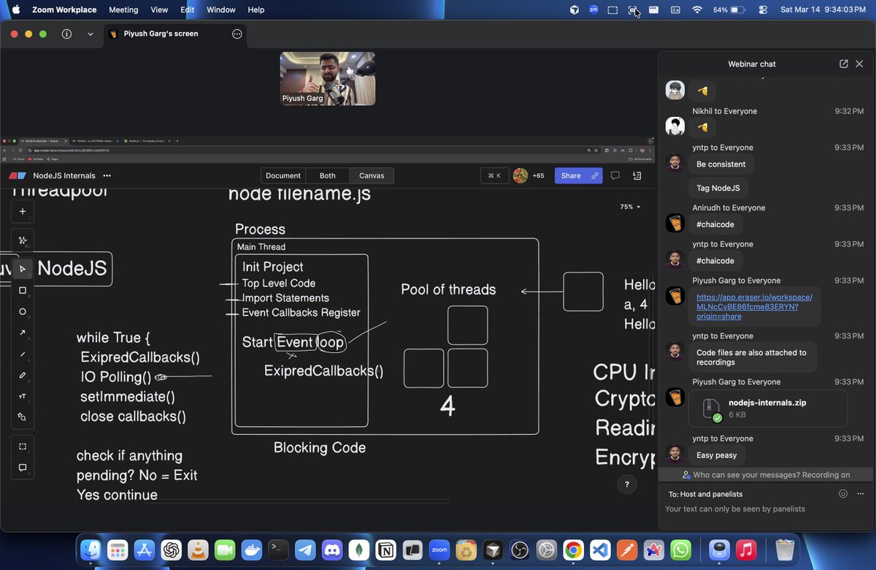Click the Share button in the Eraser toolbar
(x=571, y=175)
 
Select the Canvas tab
(x=372, y=175)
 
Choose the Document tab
(x=283, y=175)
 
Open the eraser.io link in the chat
(x=754, y=307)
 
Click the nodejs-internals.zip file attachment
(x=767, y=408)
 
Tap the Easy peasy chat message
(x=716, y=455)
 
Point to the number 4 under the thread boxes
(x=447, y=407)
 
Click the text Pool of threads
(x=448, y=289)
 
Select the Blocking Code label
(x=320, y=447)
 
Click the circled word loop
(x=331, y=342)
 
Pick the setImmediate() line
(x=128, y=397)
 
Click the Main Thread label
(x=261, y=247)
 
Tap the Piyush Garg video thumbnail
(x=327, y=78)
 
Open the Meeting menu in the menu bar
(x=123, y=9)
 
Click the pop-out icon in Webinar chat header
(x=844, y=64)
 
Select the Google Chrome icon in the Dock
(x=573, y=550)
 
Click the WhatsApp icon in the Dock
(x=680, y=550)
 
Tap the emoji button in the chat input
(x=843, y=494)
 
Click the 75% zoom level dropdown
(x=630, y=207)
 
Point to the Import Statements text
(x=285, y=298)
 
